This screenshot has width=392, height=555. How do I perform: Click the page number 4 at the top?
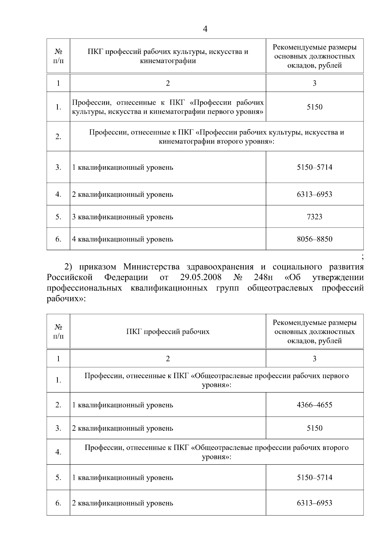(x=205, y=29)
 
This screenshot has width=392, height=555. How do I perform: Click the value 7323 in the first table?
(x=314, y=217)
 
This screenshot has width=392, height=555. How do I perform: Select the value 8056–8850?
(x=314, y=239)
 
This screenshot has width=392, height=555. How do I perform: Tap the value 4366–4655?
(x=314, y=405)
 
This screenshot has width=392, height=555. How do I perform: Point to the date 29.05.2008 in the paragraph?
(x=201, y=278)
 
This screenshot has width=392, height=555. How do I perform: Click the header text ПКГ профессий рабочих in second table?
(x=168, y=332)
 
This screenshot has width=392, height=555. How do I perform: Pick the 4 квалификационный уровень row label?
(x=122, y=239)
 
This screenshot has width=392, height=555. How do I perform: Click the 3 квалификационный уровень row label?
(x=122, y=217)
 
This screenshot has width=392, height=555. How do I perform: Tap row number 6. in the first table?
(x=58, y=239)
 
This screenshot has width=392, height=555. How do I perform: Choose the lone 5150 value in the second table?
(x=314, y=428)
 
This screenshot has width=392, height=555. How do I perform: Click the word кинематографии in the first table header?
(x=168, y=61)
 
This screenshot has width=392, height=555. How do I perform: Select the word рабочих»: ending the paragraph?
(x=66, y=299)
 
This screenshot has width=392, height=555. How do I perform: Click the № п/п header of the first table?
(x=58, y=56)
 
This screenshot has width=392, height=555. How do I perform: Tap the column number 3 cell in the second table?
(x=314, y=359)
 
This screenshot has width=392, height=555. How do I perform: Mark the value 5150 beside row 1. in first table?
(x=314, y=107)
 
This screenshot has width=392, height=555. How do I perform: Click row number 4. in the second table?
(x=58, y=452)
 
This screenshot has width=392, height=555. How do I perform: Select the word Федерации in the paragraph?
(x=126, y=278)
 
